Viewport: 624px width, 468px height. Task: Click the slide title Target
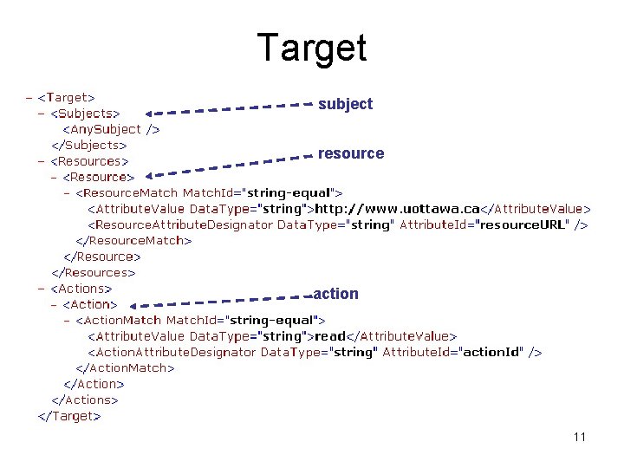tap(312, 48)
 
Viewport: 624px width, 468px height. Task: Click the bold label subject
tap(345, 104)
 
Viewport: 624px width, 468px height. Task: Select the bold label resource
tap(350, 153)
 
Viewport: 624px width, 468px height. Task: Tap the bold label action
tap(335, 294)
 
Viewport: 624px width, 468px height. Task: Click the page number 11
tap(579, 437)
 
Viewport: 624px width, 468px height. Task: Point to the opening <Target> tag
tap(66, 96)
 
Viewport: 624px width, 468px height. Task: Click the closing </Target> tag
tap(68, 416)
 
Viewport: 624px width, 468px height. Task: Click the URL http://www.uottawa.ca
tap(397, 209)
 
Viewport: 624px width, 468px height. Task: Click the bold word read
tap(330, 336)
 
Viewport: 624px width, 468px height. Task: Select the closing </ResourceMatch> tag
tap(133, 241)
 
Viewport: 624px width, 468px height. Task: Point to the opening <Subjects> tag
tap(85, 113)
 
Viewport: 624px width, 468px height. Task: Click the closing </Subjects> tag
tap(88, 145)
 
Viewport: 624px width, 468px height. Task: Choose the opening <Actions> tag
tap(81, 289)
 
